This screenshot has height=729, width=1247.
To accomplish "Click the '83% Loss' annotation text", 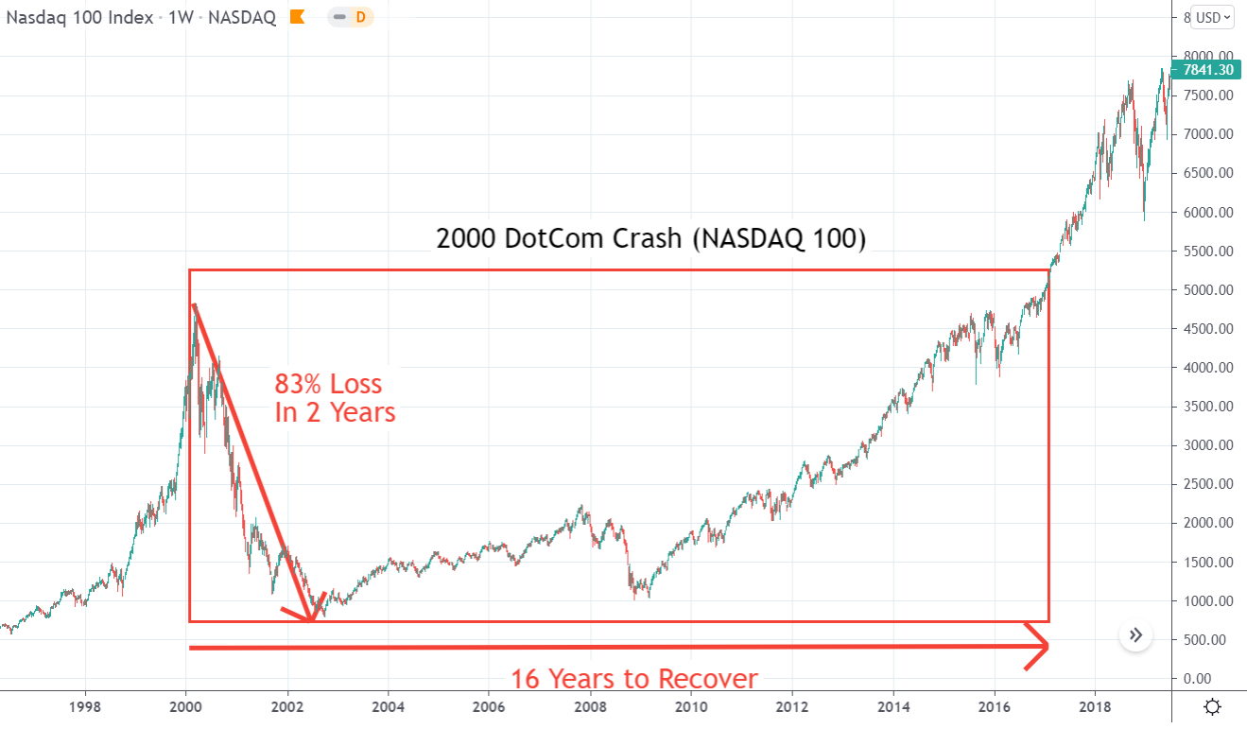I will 328,384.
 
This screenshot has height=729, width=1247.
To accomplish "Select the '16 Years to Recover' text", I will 634,679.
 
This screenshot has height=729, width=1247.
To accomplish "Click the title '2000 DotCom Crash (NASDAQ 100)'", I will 650,238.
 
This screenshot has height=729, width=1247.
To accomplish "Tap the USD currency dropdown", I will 1213,17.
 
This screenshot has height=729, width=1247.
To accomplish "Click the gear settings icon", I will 1212,707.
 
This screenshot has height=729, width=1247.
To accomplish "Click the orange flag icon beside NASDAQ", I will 298,17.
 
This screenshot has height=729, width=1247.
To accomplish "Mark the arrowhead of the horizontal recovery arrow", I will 1044,647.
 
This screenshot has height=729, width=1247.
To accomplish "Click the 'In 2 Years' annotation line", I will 335,413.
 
